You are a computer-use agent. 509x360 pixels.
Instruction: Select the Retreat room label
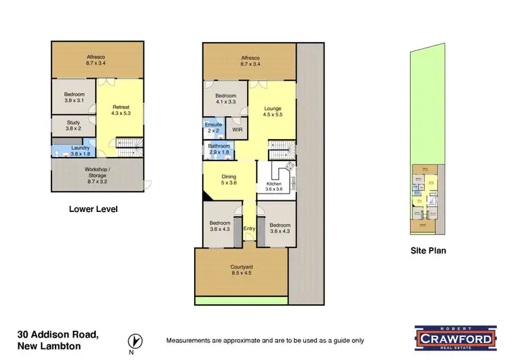tap(121, 110)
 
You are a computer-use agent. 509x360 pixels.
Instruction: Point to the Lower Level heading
tap(93, 209)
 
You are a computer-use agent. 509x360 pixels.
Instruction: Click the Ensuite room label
tap(213, 126)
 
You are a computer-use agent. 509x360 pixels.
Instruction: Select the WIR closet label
tap(237, 128)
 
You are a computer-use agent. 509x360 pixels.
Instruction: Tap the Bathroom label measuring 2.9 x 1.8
tap(219, 149)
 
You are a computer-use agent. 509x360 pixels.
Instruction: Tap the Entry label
tap(249, 228)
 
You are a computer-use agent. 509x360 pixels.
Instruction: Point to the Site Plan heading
tap(428, 251)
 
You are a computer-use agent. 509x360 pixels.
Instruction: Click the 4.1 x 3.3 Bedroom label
tap(225, 99)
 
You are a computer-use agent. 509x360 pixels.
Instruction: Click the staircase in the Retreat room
tap(128, 143)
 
